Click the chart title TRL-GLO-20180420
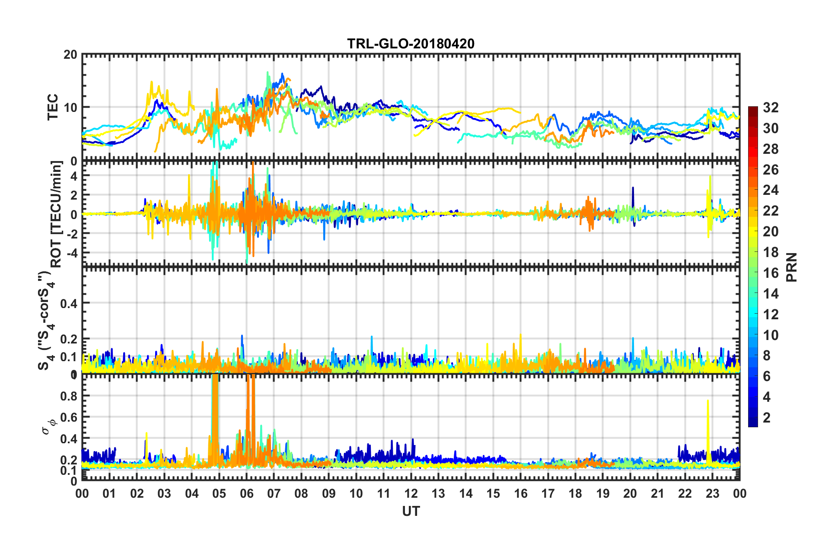pos(411,44)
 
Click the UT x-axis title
pos(411,511)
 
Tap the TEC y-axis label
pos(53,107)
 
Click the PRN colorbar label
pos(792,267)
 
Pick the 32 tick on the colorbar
pos(771,108)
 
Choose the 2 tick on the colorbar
pos(767,417)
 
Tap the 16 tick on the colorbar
pos(771,273)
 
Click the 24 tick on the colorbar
pos(771,190)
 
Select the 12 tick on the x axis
pos(411,493)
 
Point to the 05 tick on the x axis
pos(219,493)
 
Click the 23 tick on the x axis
pos(712,493)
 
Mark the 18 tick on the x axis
pos(575,493)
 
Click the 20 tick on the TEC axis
pos(70,55)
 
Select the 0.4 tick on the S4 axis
pos(69,303)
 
